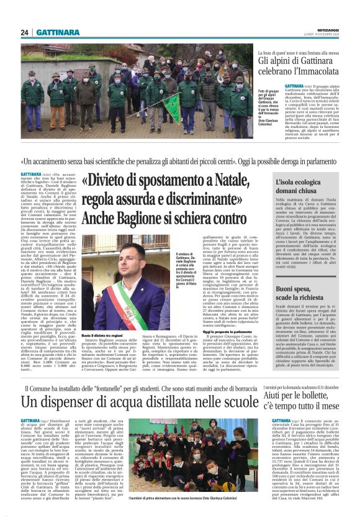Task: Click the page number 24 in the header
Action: tap(25, 32)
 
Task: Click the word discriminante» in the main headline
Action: tap(199, 200)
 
